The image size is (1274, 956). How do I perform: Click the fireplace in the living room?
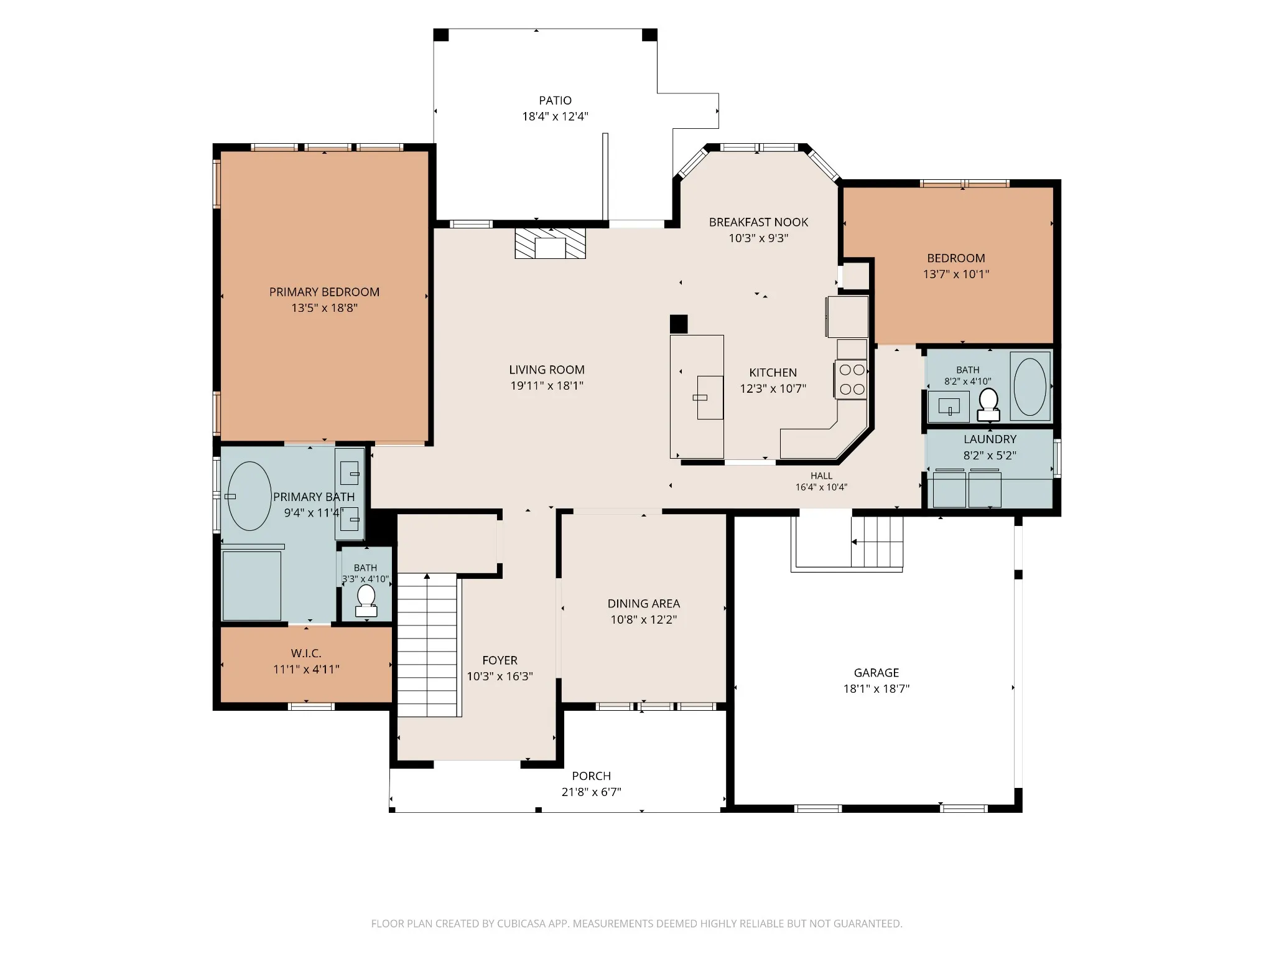pos(550,243)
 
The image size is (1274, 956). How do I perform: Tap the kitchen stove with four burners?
pos(851,379)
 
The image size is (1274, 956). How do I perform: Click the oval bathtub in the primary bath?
pos(249,496)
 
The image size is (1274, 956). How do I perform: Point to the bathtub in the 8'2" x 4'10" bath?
pos(1030,387)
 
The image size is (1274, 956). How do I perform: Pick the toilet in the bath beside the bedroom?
pos(988,405)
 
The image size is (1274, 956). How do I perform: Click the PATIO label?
pos(555,100)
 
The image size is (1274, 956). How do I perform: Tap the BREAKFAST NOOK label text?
pos(758,222)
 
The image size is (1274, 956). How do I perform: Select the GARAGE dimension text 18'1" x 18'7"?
pos(876,689)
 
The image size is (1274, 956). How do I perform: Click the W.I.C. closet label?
pos(306,654)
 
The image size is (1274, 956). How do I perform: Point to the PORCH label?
pos(591,776)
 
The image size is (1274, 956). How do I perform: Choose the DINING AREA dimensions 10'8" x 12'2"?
pos(643,620)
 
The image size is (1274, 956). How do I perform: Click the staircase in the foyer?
pos(428,645)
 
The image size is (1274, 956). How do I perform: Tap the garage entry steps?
pos(877,542)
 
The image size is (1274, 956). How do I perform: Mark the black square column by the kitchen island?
pos(679,324)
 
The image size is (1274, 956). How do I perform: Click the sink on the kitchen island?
pos(710,398)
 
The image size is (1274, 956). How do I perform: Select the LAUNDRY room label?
pos(990,439)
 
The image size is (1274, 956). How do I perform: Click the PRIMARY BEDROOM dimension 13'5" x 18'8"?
pos(324,308)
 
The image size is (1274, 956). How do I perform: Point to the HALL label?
pos(821,476)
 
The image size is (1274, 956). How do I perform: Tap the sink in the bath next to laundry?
pos(949,406)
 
